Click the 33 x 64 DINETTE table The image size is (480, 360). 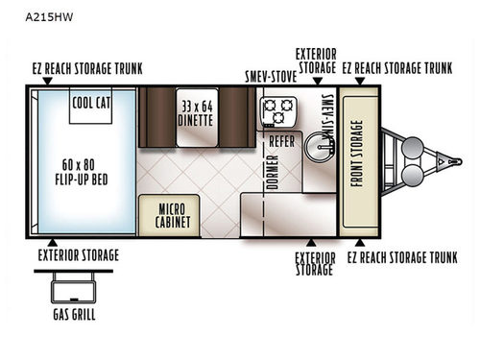click(x=195, y=116)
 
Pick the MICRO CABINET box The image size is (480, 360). click(x=169, y=213)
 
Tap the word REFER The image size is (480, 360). click(x=281, y=141)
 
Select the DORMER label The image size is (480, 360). click(x=272, y=172)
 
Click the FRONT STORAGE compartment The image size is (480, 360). click(x=358, y=160)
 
